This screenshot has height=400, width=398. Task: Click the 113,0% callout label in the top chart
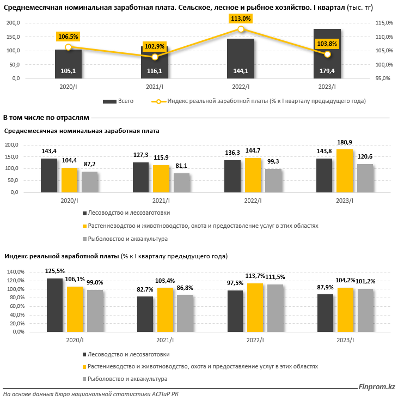click(241, 19)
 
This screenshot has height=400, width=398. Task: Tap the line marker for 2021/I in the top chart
click(155, 57)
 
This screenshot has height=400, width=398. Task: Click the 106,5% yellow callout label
click(68, 37)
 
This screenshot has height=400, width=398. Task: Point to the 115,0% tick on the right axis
click(383, 23)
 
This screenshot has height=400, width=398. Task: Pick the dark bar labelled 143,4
click(48, 175)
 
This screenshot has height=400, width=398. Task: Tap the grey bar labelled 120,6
click(365, 178)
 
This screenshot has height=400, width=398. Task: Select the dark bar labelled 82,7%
click(145, 315)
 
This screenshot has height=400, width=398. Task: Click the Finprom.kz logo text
click(376, 387)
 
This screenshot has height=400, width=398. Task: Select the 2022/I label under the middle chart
click(253, 201)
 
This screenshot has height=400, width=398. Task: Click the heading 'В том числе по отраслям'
click(46, 117)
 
